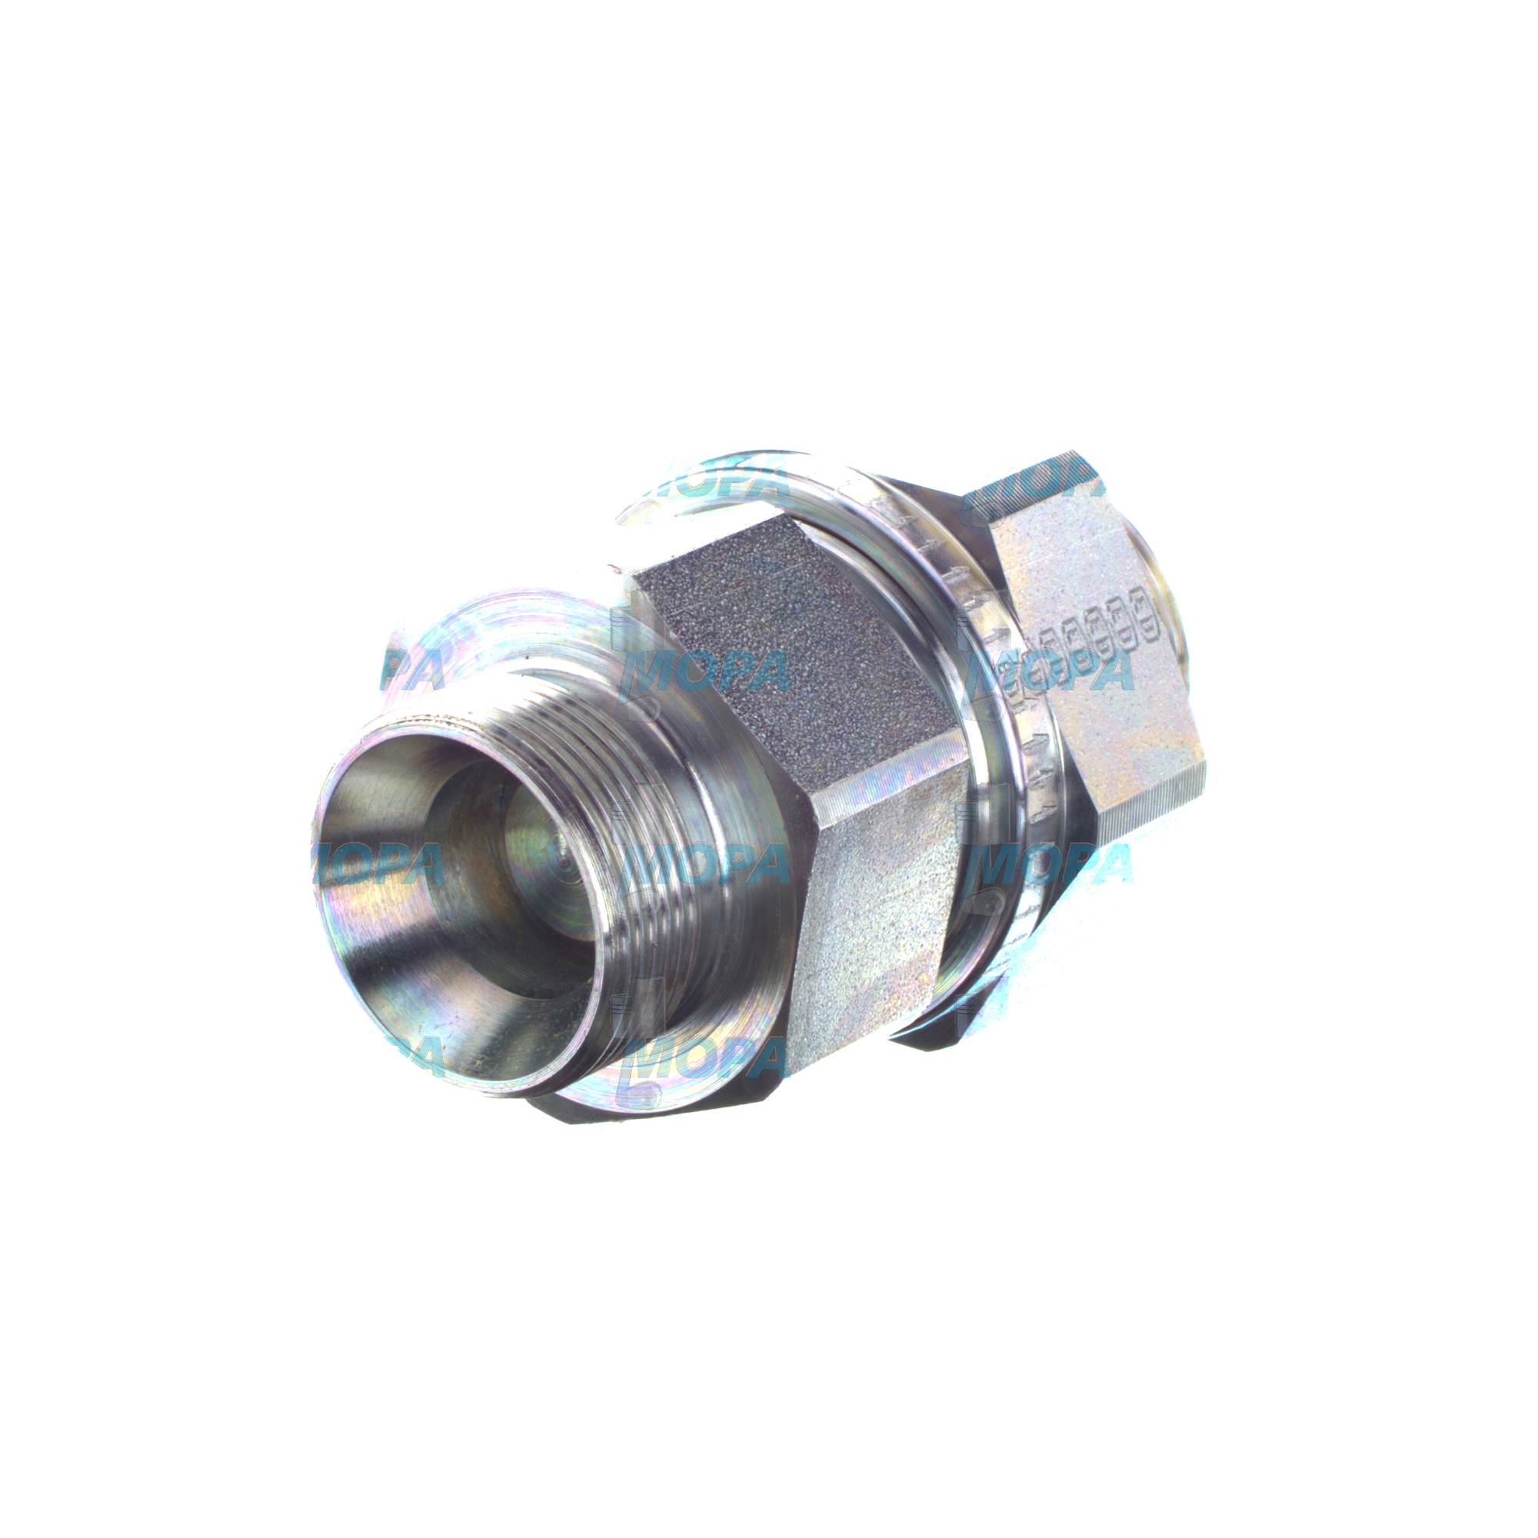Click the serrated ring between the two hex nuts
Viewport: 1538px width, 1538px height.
[x=995, y=717]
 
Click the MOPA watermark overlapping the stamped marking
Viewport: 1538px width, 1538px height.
[x=1059, y=673]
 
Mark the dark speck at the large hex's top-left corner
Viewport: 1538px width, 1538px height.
[x=612, y=568]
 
